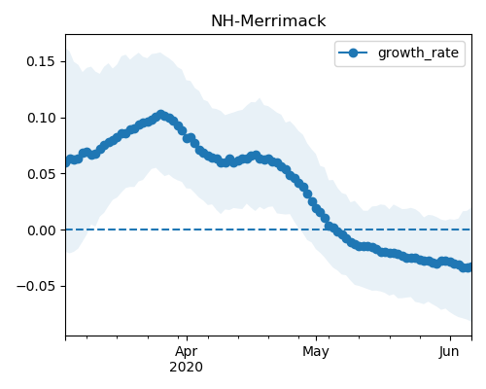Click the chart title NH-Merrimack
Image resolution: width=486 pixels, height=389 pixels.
(x=268, y=21)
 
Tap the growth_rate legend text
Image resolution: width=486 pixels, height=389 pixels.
(x=418, y=53)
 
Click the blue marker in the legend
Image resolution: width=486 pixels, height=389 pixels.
(x=353, y=53)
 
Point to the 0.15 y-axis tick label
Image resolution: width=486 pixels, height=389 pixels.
(x=41, y=61)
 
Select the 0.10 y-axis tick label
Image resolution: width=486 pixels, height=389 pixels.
(x=41, y=118)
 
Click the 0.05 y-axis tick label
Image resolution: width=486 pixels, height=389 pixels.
(x=41, y=174)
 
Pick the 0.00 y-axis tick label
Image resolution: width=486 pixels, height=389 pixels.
(x=41, y=230)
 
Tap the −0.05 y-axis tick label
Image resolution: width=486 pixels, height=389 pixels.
(x=36, y=287)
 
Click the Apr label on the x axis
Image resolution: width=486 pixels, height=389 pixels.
(x=187, y=352)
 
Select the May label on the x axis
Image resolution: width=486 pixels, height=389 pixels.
(x=316, y=352)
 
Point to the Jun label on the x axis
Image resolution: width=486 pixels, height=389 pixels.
(x=449, y=352)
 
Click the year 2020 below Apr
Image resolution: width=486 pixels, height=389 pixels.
(x=187, y=368)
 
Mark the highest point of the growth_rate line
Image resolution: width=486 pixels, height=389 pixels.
(x=160, y=115)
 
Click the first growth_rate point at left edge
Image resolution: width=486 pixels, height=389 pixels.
(x=66, y=162)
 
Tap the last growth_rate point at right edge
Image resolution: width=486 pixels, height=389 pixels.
(x=469, y=267)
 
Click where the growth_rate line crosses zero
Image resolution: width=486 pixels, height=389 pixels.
(x=331, y=230)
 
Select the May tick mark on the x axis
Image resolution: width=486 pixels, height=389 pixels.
(x=317, y=338)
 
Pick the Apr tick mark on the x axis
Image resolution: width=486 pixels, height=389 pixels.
(x=187, y=338)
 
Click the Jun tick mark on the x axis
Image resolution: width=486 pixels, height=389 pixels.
(x=450, y=338)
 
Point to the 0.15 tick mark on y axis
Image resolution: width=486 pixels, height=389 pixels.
(x=63, y=61)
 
